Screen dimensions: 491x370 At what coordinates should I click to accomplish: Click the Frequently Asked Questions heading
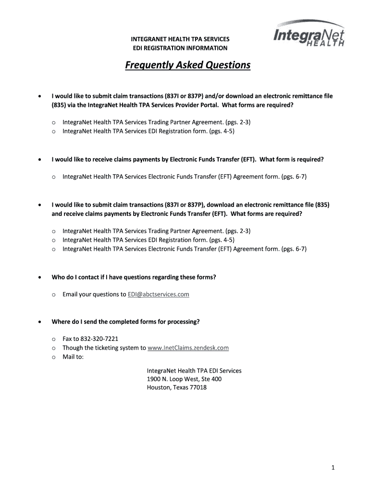click(187, 65)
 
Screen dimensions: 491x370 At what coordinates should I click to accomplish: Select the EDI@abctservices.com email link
click(158, 294)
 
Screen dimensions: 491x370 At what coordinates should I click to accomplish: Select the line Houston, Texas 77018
click(176, 387)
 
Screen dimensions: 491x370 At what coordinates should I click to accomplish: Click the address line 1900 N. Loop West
click(184, 379)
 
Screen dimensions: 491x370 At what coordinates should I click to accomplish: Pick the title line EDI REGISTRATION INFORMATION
click(180, 48)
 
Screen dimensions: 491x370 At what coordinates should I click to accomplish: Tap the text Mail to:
click(73, 357)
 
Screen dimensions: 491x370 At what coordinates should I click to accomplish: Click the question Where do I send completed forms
click(125, 322)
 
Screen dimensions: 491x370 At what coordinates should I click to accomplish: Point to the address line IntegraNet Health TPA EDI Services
click(194, 371)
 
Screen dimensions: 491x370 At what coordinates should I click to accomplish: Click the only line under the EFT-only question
click(184, 177)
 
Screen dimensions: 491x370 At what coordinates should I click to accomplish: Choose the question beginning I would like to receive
click(187, 159)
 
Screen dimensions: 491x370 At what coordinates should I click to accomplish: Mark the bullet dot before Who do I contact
click(40, 278)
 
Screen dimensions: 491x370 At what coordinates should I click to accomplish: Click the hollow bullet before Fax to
click(54, 339)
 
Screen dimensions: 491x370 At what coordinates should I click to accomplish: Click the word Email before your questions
click(70, 294)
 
